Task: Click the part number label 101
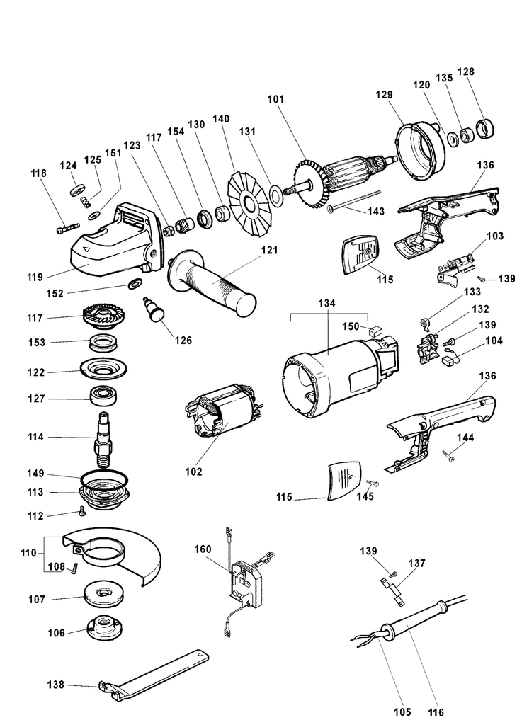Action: (x=276, y=100)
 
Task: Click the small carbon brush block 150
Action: (x=376, y=329)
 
